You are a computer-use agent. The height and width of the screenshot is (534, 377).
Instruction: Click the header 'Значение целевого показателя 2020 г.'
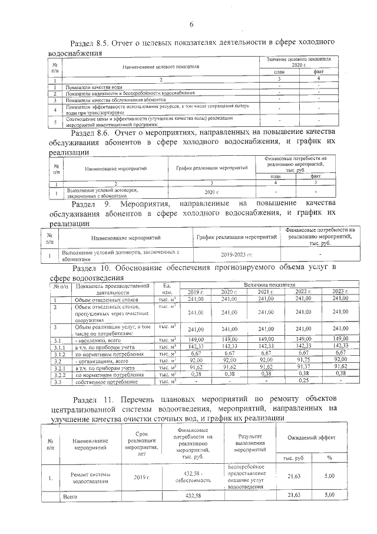click(299, 63)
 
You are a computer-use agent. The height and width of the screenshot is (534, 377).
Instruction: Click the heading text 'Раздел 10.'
click(92, 268)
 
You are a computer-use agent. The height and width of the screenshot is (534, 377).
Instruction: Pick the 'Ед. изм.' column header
click(167, 289)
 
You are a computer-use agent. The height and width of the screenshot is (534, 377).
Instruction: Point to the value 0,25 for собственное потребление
click(303, 381)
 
